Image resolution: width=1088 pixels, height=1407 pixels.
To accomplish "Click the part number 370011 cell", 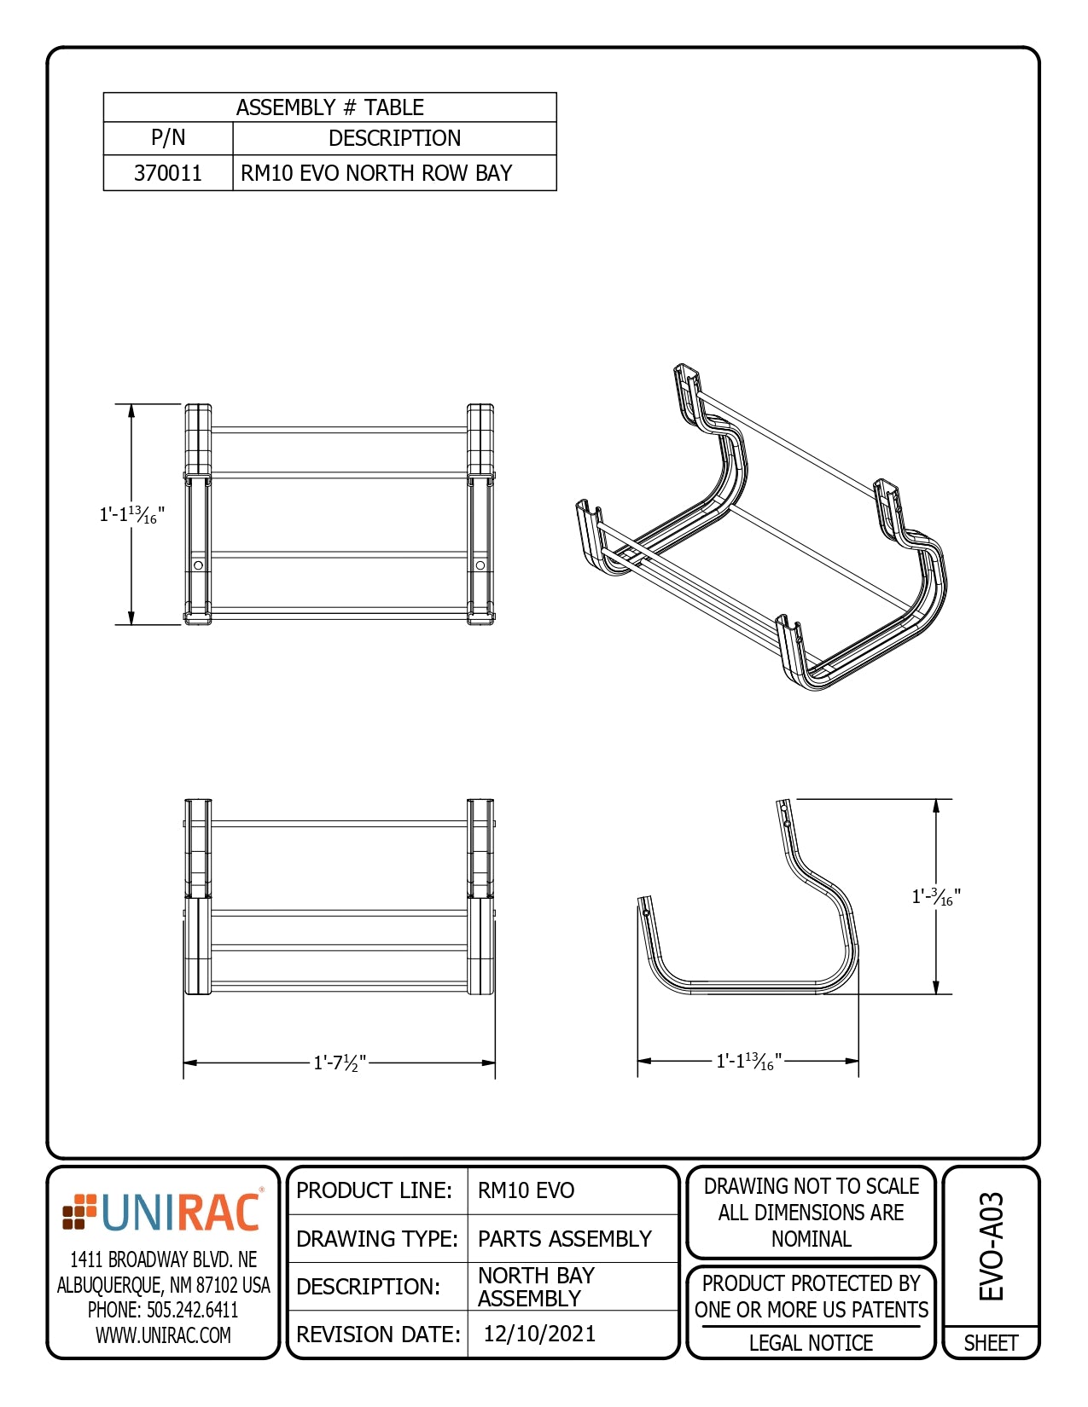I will [x=168, y=173].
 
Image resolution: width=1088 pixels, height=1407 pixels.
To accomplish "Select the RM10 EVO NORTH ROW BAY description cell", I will [x=376, y=173].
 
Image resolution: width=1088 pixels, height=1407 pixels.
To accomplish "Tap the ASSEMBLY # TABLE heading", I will [x=329, y=107].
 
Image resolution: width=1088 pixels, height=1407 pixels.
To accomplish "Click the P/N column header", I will [x=168, y=138].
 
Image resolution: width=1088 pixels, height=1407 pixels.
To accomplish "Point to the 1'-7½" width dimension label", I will [x=340, y=1062].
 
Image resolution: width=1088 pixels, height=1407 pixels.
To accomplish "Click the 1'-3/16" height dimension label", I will [x=936, y=896].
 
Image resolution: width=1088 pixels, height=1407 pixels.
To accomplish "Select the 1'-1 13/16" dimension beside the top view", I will [x=131, y=515].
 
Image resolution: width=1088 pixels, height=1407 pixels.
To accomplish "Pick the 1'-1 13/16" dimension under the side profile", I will [x=748, y=1061].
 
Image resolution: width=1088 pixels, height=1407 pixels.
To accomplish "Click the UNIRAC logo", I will [x=162, y=1212].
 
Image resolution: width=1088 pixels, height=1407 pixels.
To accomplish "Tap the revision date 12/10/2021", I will [x=539, y=1334].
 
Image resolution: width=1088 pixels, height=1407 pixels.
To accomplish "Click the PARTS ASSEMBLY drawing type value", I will [x=564, y=1238].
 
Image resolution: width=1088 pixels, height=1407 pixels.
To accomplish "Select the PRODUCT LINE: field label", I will [x=374, y=1190].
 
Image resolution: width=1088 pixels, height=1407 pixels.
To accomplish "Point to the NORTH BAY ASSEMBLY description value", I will [x=536, y=1287].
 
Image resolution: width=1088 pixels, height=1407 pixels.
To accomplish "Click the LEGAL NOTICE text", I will [x=811, y=1343].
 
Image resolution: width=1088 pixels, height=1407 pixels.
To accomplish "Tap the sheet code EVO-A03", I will [x=991, y=1247].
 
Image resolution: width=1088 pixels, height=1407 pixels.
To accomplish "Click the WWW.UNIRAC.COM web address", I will [x=163, y=1335].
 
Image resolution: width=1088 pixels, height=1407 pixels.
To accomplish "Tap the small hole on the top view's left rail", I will [x=198, y=565].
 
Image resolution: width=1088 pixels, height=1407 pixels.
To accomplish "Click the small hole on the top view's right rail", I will [x=480, y=565].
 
